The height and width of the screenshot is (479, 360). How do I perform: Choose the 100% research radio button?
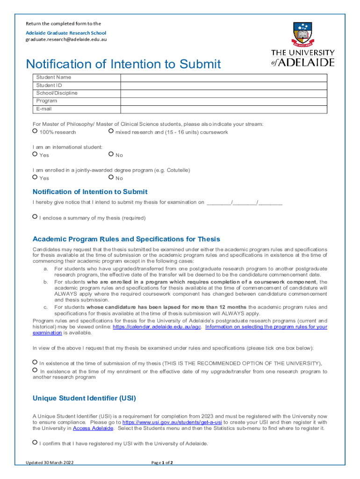coord(35,131)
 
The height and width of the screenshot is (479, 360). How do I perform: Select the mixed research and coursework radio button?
coord(111,131)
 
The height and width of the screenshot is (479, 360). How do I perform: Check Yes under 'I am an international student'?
coord(35,154)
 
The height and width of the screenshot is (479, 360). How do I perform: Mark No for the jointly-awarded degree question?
coord(111,177)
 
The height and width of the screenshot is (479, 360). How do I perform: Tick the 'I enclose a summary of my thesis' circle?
coord(35,217)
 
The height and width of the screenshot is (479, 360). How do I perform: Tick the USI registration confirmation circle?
coord(35,442)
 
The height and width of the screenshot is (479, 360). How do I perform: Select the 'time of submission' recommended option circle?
coord(35,362)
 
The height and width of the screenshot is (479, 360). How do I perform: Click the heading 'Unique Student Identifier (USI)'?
coord(84,399)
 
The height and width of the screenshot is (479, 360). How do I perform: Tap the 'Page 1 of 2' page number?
coord(162,463)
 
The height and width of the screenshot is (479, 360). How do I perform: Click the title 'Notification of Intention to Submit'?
coord(123,64)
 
